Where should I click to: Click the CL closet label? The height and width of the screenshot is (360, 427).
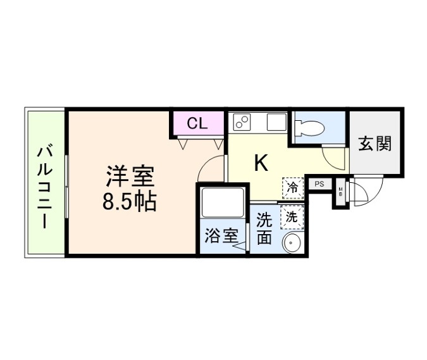click(197, 124)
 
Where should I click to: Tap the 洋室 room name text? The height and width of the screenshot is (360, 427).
click(130, 176)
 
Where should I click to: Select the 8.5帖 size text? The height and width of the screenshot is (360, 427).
click(130, 202)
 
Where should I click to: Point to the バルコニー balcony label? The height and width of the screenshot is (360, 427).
click(44, 188)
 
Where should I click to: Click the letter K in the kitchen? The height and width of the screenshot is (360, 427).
click(261, 163)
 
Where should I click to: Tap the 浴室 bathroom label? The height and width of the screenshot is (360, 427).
click(221, 235)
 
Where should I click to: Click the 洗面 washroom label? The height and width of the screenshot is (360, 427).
click(264, 228)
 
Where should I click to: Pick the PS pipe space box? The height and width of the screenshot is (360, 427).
click(319, 184)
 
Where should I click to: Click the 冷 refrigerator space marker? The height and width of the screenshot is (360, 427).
click(293, 188)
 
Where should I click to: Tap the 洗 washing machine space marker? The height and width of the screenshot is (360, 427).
click(292, 217)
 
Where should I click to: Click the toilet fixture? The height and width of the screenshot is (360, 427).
click(310, 127)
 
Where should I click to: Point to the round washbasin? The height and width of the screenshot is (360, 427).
click(292, 242)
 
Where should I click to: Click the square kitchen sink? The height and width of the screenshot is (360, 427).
click(276, 122)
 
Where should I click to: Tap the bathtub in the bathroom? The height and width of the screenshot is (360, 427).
click(222, 202)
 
